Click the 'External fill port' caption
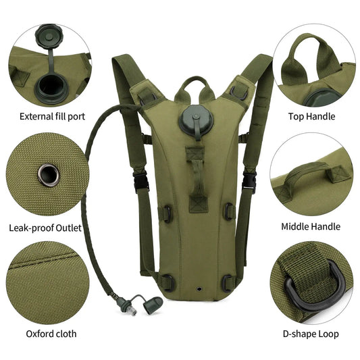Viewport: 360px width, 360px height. pyautogui.click(x=52, y=116)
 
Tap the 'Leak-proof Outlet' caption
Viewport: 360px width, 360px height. pyautogui.click(x=45, y=228)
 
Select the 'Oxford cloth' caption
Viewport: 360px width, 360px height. pyautogui.click(x=51, y=334)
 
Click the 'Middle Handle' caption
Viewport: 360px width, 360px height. pyautogui.click(x=311, y=227)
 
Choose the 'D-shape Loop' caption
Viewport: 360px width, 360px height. pyautogui.click(x=310, y=334)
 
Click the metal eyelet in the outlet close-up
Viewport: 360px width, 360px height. pyautogui.click(x=49, y=175)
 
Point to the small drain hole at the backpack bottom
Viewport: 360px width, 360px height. pyautogui.click(x=200, y=288)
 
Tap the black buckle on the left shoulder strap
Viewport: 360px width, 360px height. pyautogui.click(x=140, y=180)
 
